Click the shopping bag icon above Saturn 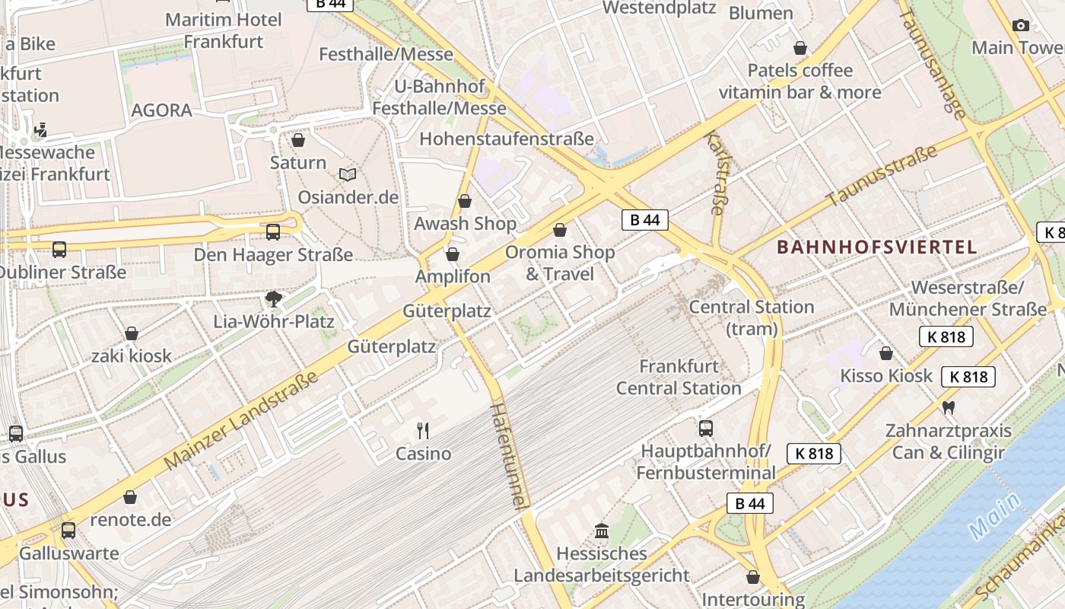coord(298,141)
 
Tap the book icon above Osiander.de coord(348,175)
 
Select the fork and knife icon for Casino coord(424,431)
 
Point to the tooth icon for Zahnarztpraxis coord(948,407)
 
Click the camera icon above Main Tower coord(1021,25)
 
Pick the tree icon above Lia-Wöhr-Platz coord(274,298)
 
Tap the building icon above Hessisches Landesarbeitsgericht coord(601,530)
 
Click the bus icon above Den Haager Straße coord(272,231)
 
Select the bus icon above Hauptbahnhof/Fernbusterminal coord(706,428)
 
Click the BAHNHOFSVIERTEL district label coord(876,247)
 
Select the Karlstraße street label coord(717,174)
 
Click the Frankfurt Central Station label coord(679,377)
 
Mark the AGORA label coord(161,110)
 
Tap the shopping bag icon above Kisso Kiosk coord(885,353)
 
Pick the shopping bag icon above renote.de coord(130,497)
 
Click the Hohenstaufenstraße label coord(506,139)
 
